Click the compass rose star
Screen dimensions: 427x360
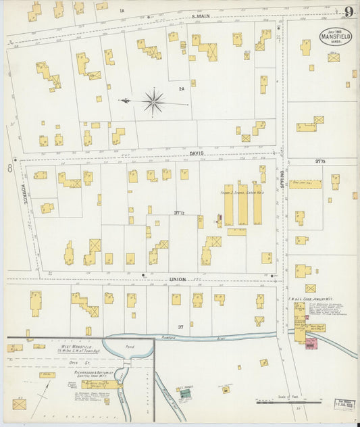(x=154, y=103)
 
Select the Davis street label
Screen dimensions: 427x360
(x=197, y=153)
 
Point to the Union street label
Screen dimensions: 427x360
(x=178, y=279)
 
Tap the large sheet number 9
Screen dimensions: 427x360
(x=349, y=12)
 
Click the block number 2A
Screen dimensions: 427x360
(x=181, y=89)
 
